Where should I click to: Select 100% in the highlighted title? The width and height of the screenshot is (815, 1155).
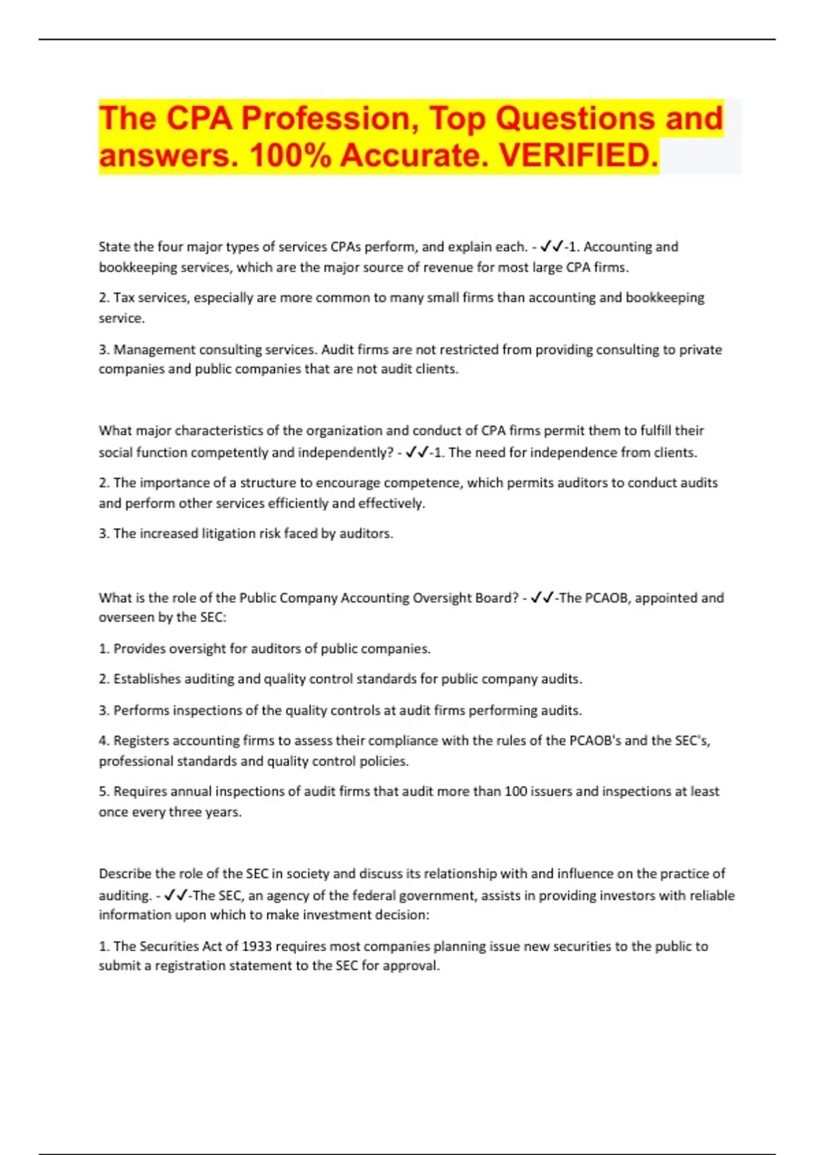(x=290, y=156)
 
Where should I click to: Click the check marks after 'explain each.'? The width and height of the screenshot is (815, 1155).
(x=552, y=247)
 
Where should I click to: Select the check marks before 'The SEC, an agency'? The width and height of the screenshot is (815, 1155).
(x=177, y=895)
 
